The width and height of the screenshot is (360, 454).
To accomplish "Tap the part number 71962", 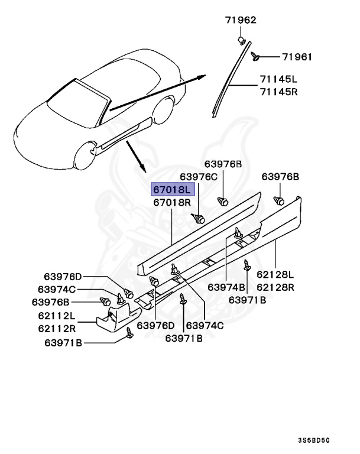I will (241, 20).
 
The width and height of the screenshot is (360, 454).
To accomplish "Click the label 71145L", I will (278, 79).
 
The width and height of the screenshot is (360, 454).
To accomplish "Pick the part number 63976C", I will (199, 176).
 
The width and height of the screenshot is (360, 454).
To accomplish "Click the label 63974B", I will (227, 287).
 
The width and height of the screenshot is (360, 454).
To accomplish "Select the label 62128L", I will (275, 274).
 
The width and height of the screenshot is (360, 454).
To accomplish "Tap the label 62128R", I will (275, 287).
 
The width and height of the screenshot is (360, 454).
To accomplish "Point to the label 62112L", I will (57, 316).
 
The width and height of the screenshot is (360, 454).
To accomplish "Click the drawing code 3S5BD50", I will (313, 440).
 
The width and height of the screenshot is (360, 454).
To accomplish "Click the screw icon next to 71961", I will (255, 56).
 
